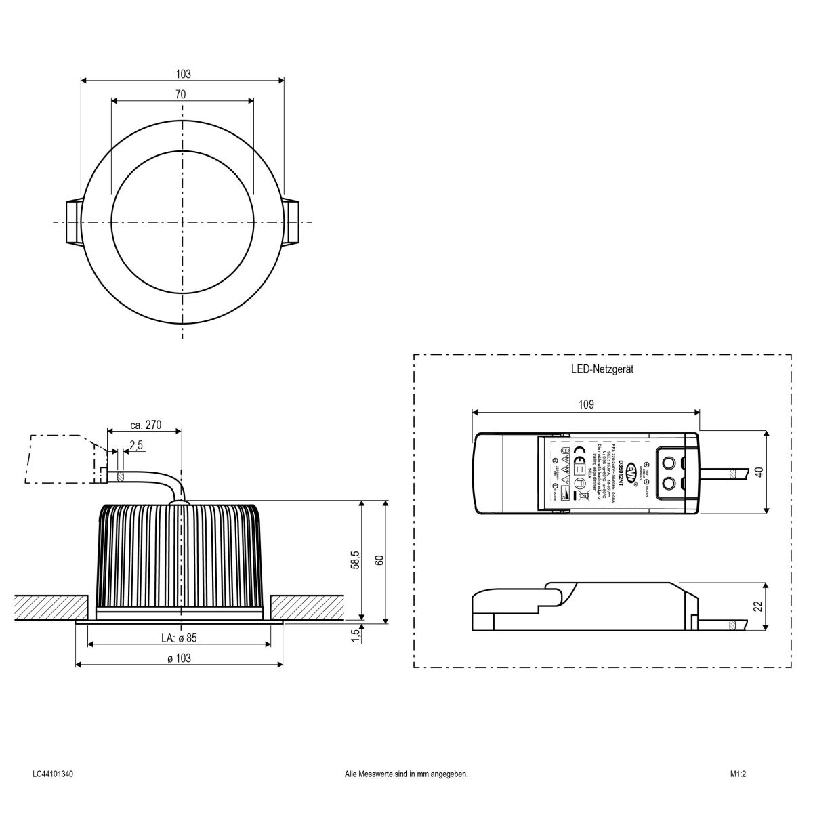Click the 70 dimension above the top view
[x=180, y=94]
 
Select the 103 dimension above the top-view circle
[x=183, y=74]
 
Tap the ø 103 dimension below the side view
[x=179, y=658]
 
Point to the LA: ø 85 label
[x=179, y=638]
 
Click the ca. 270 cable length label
[x=145, y=425]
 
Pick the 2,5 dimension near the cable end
[x=135, y=444]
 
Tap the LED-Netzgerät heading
[x=602, y=370]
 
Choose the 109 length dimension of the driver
[x=586, y=404]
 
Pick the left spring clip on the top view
[x=73, y=222]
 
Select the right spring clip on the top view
[x=291, y=222]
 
